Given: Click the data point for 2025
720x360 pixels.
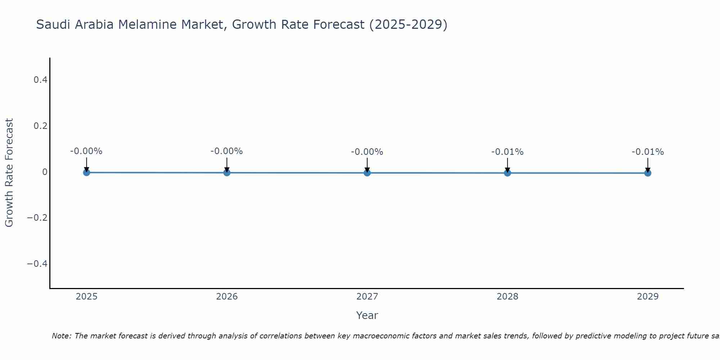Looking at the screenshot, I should point(86,172).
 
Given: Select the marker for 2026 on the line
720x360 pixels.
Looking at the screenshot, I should point(227,172).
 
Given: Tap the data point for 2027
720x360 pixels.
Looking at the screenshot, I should point(367,173).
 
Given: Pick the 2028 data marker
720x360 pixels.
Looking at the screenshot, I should point(507,173).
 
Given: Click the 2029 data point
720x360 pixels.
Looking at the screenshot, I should point(648,173).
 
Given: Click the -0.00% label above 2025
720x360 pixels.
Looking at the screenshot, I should point(86,151).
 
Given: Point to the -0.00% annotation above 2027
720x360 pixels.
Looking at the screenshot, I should point(367,152).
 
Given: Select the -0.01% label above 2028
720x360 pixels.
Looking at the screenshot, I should point(507,152).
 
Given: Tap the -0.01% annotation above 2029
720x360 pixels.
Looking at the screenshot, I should point(648,152).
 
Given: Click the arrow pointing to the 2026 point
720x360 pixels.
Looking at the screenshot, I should point(227,164).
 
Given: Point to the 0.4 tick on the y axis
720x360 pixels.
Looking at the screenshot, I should point(40,80).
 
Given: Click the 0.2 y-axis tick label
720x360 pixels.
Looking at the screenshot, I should point(40,126).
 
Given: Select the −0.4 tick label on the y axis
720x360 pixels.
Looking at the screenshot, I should point(37,264).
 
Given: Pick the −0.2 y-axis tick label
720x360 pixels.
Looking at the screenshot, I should point(37,218).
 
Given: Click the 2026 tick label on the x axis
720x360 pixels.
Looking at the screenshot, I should point(227,297).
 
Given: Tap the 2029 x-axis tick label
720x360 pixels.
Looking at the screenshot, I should point(648,297).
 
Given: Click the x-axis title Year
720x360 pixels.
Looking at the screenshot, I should point(367,315).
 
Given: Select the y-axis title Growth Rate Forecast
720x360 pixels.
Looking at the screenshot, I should point(9,172).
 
